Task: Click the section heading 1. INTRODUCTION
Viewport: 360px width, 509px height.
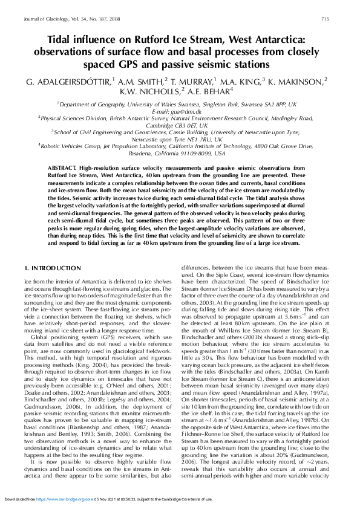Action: coord(52,267)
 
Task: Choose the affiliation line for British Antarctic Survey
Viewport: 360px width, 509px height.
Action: coord(178,118)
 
